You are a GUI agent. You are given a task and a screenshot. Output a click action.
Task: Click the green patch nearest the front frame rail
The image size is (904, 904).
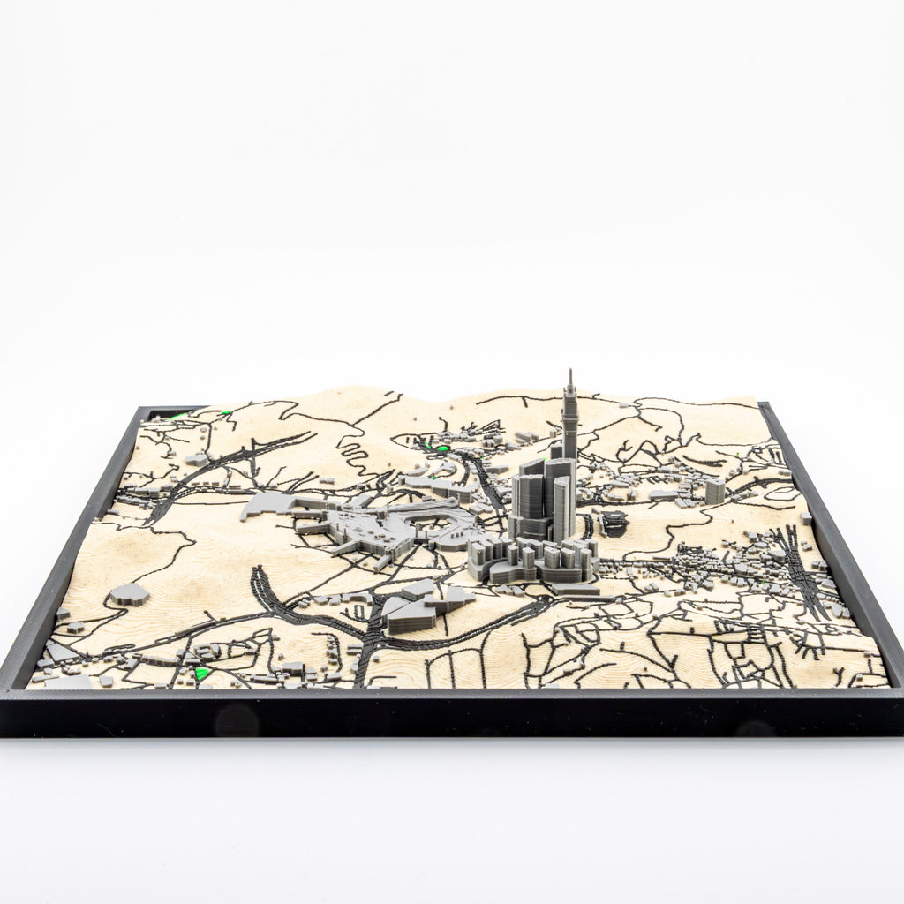pyautogui.click(x=202, y=674)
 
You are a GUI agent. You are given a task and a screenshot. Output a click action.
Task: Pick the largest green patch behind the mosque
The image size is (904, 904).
pyautogui.click(x=434, y=447)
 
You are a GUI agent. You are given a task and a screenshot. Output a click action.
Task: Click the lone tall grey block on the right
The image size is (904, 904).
pyautogui.click(x=714, y=490)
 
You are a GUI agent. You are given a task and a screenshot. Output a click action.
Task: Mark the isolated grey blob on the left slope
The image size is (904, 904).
pyautogui.click(x=129, y=593)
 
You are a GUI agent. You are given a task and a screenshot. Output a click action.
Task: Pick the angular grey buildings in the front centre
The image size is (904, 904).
pyautogui.click(x=419, y=607)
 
